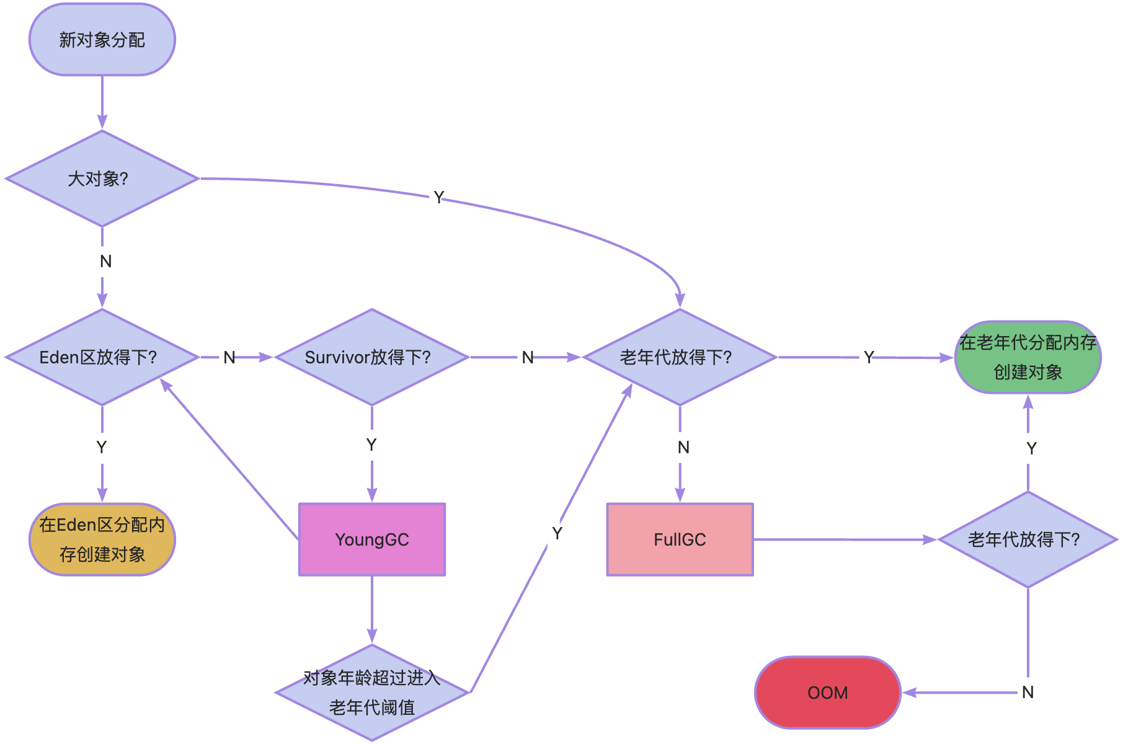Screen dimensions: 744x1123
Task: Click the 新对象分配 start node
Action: tap(102, 40)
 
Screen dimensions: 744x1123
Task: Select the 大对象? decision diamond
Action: tap(102, 179)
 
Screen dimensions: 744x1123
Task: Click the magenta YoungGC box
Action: tap(371, 539)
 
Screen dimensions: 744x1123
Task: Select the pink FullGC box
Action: tap(680, 539)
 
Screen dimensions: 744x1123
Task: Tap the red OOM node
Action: tap(827, 693)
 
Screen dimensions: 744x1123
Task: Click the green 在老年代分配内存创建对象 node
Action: tap(1028, 357)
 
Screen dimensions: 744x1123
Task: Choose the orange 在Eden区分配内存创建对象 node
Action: tap(102, 539)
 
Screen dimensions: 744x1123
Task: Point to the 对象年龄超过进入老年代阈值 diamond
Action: tap(371, 693)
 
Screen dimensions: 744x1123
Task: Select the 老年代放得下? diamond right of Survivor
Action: tap(680, 357)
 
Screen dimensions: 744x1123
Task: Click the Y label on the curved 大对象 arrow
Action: tap(438, 197)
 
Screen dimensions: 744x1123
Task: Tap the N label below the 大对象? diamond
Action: tap(105, 262)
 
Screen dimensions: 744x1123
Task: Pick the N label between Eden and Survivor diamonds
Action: tap(229, 357)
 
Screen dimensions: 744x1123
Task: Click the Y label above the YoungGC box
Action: tap(371, 445)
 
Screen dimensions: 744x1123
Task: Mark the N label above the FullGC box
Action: tap(683, 447)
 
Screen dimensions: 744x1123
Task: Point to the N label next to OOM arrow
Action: tap(1028, 692)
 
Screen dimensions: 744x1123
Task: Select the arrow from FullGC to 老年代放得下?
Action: tap(843, 539)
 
